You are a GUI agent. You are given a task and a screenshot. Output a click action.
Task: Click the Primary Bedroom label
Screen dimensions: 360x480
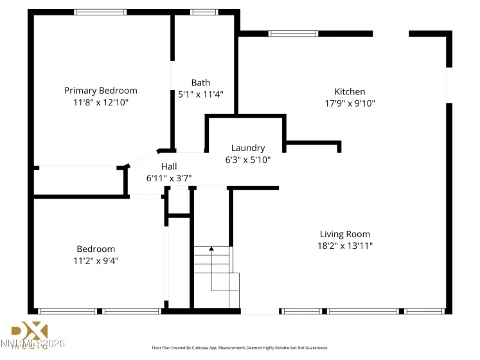click(x=100, y=91)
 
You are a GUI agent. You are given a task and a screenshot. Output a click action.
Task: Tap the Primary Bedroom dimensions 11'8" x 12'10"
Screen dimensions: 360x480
click(x=100, y=102)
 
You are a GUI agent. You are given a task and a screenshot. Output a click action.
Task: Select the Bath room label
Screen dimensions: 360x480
click(x=200, y=82)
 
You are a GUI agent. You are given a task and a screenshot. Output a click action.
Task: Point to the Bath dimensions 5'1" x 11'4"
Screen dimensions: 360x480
click(x=200, y=94)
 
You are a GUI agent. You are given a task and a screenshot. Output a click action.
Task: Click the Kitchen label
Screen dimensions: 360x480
click(x=350, y=91)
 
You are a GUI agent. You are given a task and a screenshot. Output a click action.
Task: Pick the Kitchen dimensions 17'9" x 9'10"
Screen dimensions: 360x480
click(x=350, y=103)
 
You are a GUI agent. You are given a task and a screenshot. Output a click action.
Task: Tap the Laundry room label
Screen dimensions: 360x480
click(x=248, y=148)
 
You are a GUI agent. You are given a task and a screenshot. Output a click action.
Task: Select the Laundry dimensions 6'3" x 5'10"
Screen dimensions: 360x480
click(x=248, y=159)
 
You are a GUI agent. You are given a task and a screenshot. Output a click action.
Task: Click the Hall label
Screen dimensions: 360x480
click(x=169, y=166)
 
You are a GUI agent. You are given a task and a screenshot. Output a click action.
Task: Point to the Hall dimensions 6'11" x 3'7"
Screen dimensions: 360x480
click(x=169, y=178)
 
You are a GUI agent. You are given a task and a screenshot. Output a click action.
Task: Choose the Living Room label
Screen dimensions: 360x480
click(x=345, y=234)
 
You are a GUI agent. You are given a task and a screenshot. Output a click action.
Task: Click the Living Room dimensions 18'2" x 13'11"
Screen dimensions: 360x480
click(x=345, y=246)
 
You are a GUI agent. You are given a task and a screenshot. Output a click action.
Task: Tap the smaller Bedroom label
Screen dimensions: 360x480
click(x=96, y=249)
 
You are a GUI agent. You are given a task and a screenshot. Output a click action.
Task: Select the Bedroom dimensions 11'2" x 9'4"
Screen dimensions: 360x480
click(x=96, y=260)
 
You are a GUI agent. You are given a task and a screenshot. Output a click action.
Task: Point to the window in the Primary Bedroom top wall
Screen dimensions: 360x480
click(x=100, y=12)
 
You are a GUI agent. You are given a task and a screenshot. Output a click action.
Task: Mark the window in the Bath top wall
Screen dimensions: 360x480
click(x=204, y=12)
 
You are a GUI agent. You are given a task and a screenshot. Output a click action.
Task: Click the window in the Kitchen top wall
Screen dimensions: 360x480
click(x=293, y=33)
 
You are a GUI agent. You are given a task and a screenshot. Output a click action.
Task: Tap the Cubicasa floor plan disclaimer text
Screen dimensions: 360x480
click(x=240, y=347)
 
